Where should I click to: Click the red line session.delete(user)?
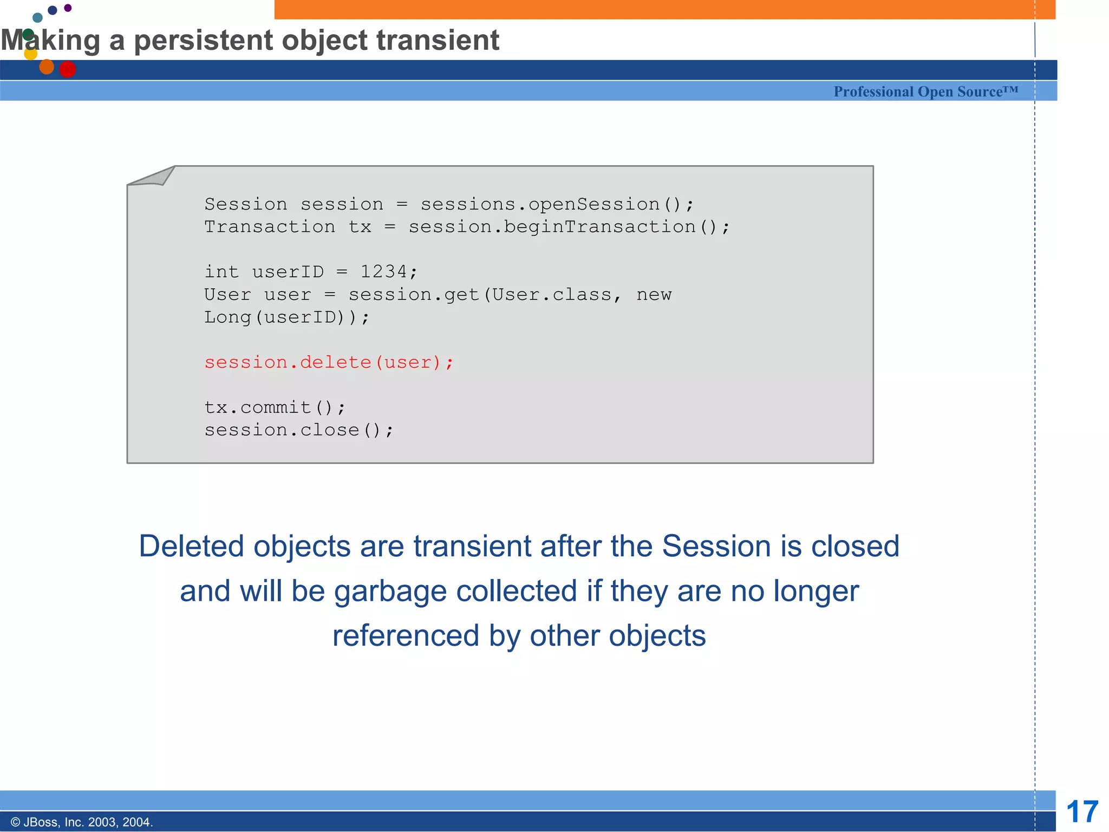pyautogui.click(x=329, y=362)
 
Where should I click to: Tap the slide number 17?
pyautogui.click(x=1081, y=812)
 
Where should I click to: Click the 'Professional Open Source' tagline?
pyautogui.click(x=925, y=92)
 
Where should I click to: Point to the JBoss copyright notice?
pyautogui.click(x=82, y=822)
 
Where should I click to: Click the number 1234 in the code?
pyautogui.click(x=384, y=271)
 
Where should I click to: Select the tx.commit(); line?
pyautogui.click(x=275, y=407)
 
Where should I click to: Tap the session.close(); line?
pyautogui.click(x=299, y=430)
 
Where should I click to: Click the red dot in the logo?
pyautogui.click(x=68, y=69)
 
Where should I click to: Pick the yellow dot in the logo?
pyautogui.click(x=31, y=54)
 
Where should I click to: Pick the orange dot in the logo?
pyautogui.click(x=47, y=67)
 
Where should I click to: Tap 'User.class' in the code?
pyautogui.click(x=552, y=294)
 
